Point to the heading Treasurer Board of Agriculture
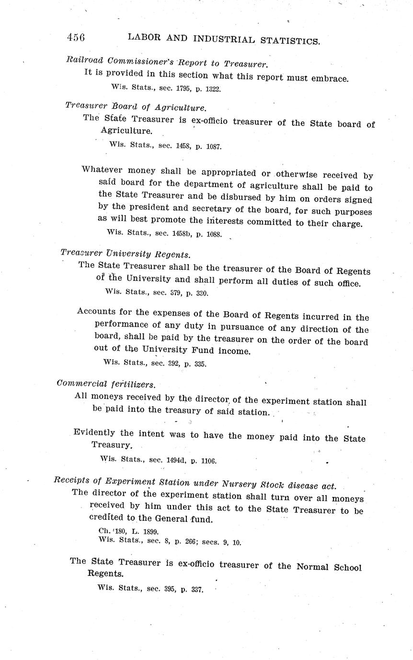[136, 107]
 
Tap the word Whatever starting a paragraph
[100, 169]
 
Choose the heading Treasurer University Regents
[126, 254]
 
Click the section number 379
[172, 292]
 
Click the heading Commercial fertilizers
[105, 384]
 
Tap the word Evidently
[94, 433]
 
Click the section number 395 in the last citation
[168, 589]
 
